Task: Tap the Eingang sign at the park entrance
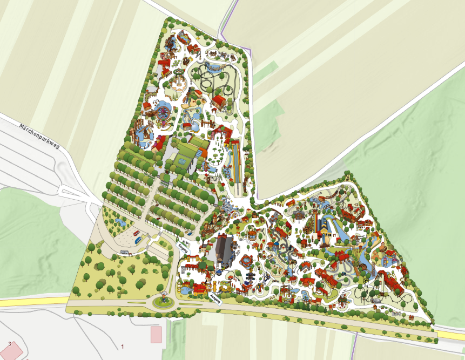click(x=183, y=249)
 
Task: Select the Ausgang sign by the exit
click(x=215, y=298)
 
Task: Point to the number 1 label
click(x=123, y=346)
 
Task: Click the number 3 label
click(x=10, y=343)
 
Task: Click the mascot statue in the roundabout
click(x=162, y=298)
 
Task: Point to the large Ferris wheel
click(x=162, y=113)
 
